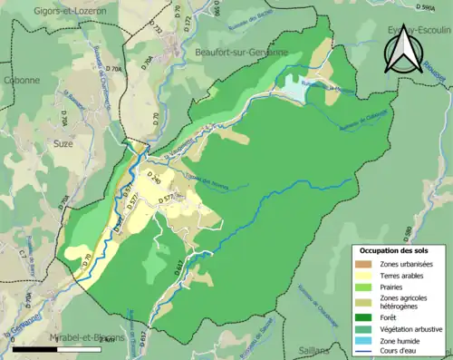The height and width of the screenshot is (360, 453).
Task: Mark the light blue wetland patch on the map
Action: [x=297, y=88]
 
